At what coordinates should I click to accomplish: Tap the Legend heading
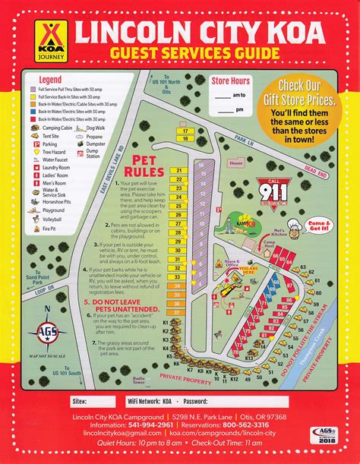tap(51, 80)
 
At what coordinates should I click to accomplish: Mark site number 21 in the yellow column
tap(179, 170)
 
